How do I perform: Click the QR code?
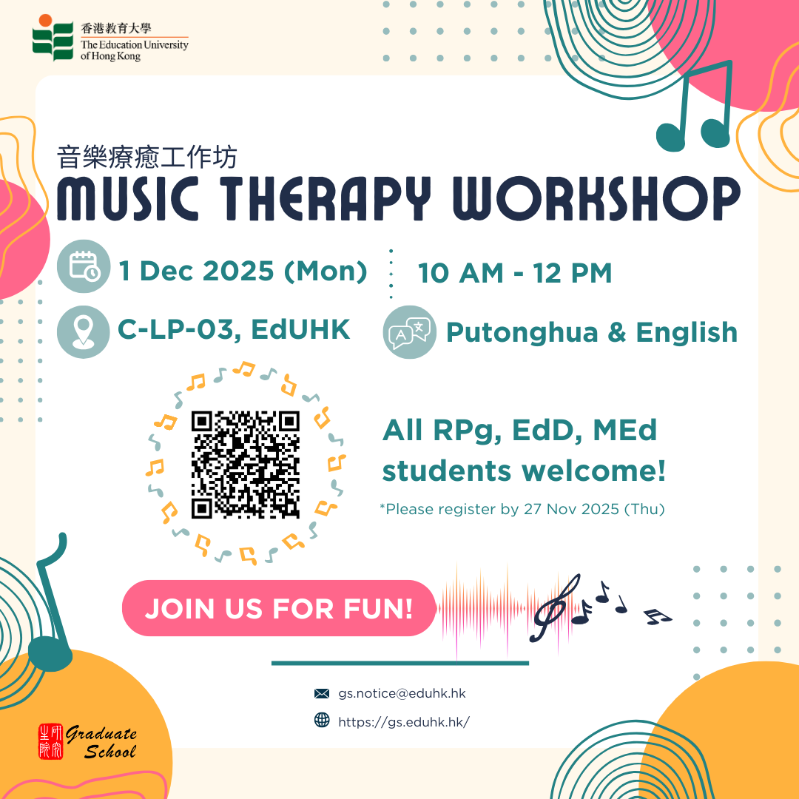[x=245, y=464]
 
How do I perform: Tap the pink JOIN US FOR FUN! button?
[x=279, y=608]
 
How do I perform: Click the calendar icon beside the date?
[x=84, y=266]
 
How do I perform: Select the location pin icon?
[x=83, y=331]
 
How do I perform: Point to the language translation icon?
[x=410, y=331]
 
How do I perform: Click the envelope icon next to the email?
[x=322, y=693]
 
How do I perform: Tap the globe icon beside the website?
[x=322, y=720]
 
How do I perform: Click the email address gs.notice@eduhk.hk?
[x=402, y=693]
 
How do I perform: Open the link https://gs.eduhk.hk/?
[x=404, y=722]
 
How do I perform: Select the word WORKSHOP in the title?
[x=597, y=198]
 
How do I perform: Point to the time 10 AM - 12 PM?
[x=515, y=272]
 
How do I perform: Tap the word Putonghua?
[x=522, y=333]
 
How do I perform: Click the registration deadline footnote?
[x=522, y=509]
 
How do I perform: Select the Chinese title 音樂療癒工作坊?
[x=146, y=157]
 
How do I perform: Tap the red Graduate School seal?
[x=51, y=741]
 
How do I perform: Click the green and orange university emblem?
[x=53, y=37]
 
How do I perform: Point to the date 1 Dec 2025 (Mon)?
[x=243, y=271]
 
